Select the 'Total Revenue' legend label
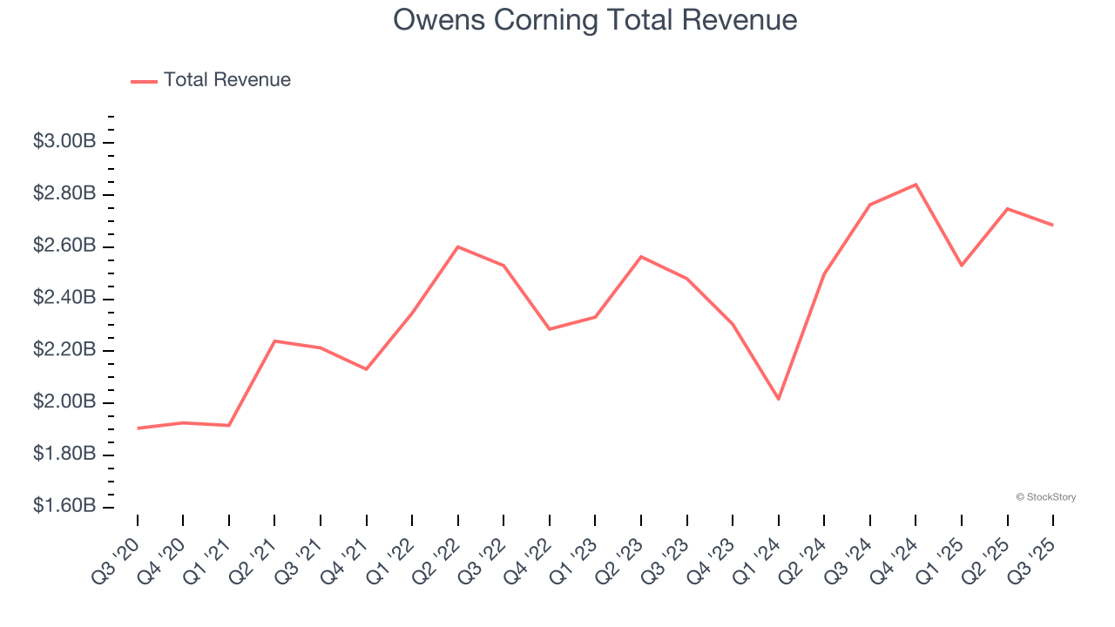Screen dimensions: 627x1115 pos(226,80)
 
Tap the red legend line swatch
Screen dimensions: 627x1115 pos(144,81)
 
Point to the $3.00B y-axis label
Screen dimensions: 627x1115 pos(64,141)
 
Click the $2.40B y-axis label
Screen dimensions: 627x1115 pos(64,298)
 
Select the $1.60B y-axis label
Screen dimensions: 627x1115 pos(64,506)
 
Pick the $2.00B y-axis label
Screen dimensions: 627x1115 pos(64,402)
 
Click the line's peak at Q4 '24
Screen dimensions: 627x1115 pos(916,185)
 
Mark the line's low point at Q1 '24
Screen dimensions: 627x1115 pos(778,399)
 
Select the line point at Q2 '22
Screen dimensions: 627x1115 pos(458,246)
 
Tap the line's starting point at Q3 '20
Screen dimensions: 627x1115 pos(138,428)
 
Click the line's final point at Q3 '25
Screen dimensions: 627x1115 pos(1052,225)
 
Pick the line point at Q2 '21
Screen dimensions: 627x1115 pos(274,340)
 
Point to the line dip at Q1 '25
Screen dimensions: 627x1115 pos(961,265)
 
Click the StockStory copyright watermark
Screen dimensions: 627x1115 pos(1045,497)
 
